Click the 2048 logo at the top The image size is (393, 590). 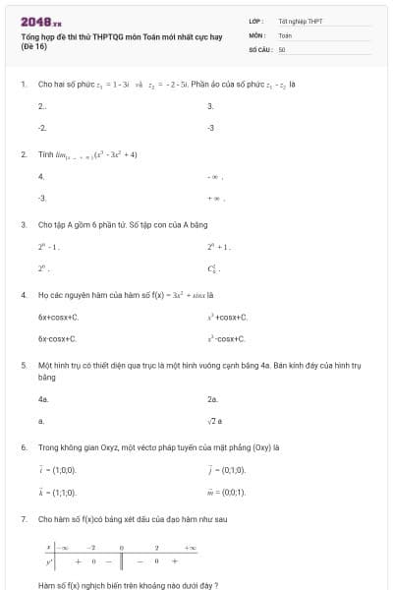[x=40, y=21]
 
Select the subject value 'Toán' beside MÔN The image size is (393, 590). [x=285, y=34]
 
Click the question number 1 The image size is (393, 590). [x=23, y=85]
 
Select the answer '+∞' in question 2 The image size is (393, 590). [x=215, y=198]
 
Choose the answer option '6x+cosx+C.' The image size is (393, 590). [x=58, y=318]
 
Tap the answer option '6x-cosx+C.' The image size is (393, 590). [x=58, y=338]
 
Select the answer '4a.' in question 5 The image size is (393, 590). [x=43, y=399]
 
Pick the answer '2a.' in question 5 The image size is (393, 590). [x=212, y=399]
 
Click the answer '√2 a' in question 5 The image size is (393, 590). [x=216, y=420]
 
